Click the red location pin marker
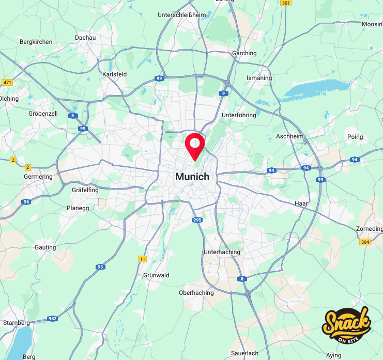pyautogui.click(x=195, y=144)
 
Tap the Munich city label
pyautogui.click(x=192, y=177)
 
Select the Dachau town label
pyautogui.click(x=85, y=38)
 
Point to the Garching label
pyautogui.click(x=244, y=53)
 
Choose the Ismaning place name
pyautogui.click(x=259, y=78)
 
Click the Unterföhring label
pyautogui.click(x=239, y=115)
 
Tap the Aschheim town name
pyautogui.click(x=289, y=136)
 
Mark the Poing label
pyautogui.click(x=356, y=137)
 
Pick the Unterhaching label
pyautogui.click(x=222, y=252)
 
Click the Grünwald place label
pyautogui.click(x=156, y=275)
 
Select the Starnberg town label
pyautogui.click(x=17, y=323)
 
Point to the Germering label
pyautogui.click(x=38, y=177)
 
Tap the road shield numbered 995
pyautogui.click(x=197, y=220)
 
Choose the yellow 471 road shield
pyautogui.click(x=7, y=83)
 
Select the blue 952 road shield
pyautogui.click(x=52, y=319)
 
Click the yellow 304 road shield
pyautogui.click(x=365, y=242)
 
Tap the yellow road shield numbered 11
pyautogui.click(x=143, y=259)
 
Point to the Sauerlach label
pyautogui.click(x=245, y=353)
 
